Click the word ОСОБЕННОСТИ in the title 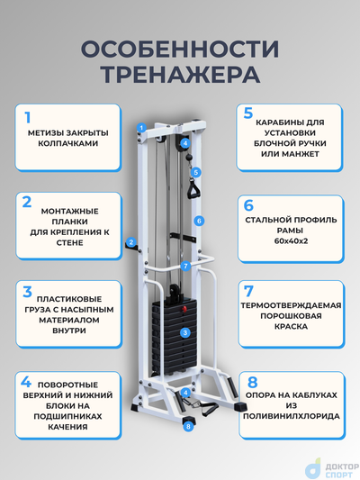point(180,46)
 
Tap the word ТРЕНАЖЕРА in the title point(180,72)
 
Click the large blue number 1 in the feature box point(28,117)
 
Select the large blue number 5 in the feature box point(248,113)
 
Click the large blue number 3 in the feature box point(29,292)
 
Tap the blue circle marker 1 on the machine point(140,128)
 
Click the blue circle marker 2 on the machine point(130,241)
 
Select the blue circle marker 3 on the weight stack point(184,332)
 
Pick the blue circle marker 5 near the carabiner point(196,171)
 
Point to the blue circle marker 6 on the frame point(201,220)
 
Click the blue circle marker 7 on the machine point(184,266)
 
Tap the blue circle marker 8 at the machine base point(188,426)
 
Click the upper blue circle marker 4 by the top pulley point(184,142)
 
